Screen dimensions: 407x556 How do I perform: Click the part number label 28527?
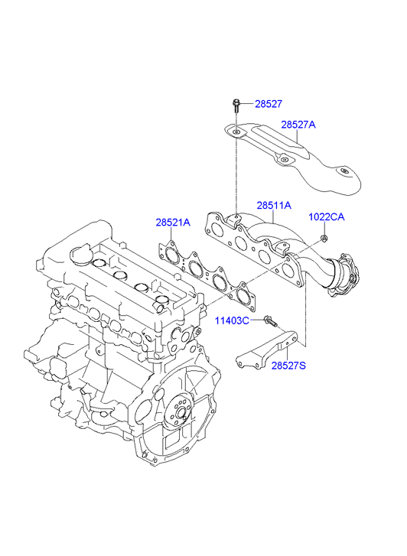click(x=269, y=104)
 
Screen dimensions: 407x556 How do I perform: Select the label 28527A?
click(x=298, y=125)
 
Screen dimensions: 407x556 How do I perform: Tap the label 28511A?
click(x=274, y=205)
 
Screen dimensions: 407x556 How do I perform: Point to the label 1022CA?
click(x=326, y=216)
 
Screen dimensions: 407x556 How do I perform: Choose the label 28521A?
click(x=173, y=223)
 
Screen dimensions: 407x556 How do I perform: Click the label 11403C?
click(x=232, y=321)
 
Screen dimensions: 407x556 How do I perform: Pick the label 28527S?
click(x=288, y=366)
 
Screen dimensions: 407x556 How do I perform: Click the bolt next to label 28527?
click(x=236, y=106)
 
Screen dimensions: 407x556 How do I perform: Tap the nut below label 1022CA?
click(x=324, y=239)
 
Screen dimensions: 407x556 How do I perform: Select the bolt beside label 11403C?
click(x=270, y=321)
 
